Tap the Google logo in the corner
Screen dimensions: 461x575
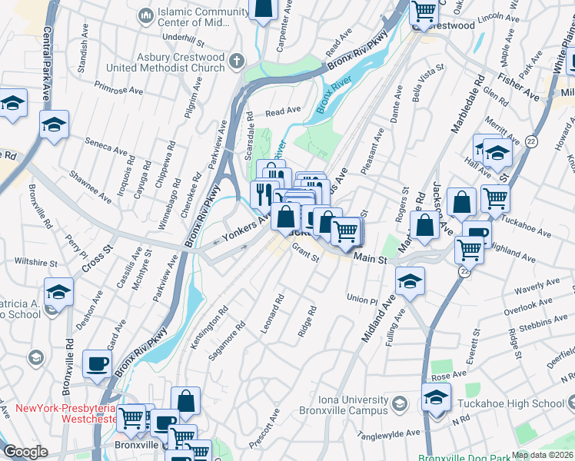pyautogui.click(x=25, y=452)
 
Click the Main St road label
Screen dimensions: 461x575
pyautogui.click(x=370, y=260)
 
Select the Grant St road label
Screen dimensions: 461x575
pyautogui.click(x=305, y=253)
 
